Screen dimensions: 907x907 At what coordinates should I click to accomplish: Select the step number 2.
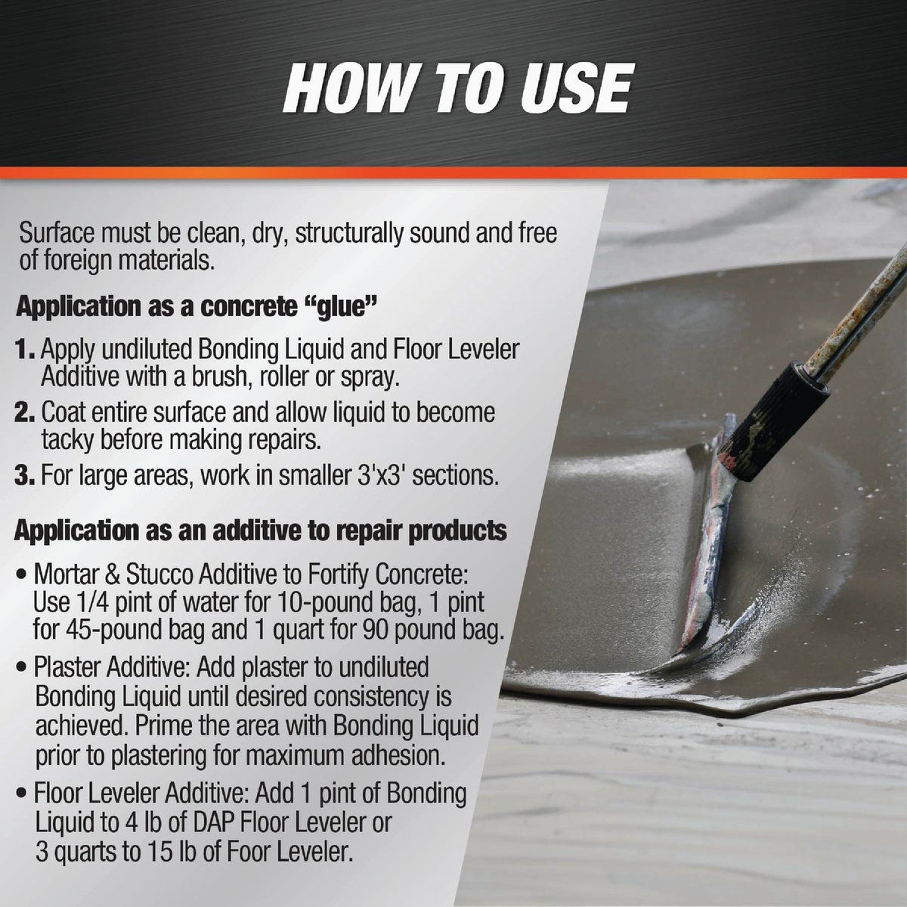(26, 413)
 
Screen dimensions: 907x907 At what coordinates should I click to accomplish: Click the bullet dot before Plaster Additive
(23, 668)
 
